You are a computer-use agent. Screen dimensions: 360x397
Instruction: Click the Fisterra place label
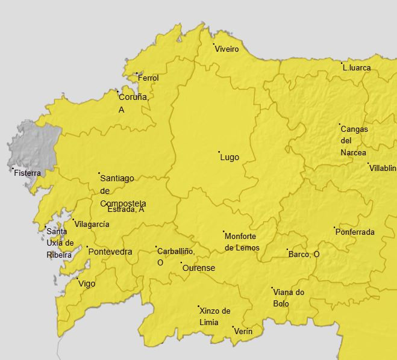pos(28,173)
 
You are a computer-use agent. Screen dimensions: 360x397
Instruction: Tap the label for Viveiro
pos(227,49)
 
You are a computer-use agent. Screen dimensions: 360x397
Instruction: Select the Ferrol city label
pos(148,78)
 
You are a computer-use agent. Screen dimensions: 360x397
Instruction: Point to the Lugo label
pos(230,158)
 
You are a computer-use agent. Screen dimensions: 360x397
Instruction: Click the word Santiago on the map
pos(117,178)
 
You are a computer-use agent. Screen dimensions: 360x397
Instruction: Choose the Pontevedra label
pos(110,252)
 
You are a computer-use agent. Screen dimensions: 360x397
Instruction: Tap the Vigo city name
pos(87,284)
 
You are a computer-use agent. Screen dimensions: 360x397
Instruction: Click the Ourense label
pos(199,268)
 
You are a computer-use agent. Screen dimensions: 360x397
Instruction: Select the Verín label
pos(243,332)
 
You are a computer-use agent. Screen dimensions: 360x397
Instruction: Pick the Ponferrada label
pos(355,232)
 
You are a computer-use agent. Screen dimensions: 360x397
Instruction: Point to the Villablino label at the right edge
pos(383,168)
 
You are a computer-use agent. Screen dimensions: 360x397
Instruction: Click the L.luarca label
pos(357,68)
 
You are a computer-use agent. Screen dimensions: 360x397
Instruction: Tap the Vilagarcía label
pos(92,224)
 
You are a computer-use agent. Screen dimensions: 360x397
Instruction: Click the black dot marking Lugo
pos(219,152)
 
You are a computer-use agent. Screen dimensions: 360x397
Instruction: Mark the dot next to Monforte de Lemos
pos(224,232)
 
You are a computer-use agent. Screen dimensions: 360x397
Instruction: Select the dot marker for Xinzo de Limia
pos(199,306)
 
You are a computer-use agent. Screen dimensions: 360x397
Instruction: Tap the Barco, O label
pos(304,255)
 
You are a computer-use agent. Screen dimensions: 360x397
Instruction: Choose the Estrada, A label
pos(126,209)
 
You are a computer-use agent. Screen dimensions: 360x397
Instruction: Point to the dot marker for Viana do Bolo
pos(272,288)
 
